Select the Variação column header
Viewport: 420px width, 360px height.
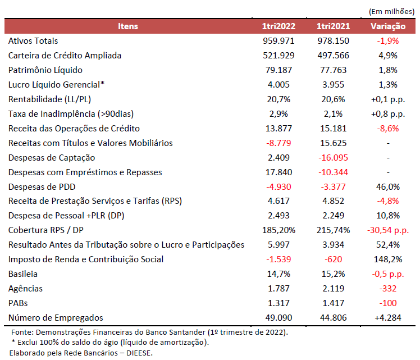pyautogui.click(x=387, y=26)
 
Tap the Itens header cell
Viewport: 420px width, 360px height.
pyautogui.click(x=128, y=26)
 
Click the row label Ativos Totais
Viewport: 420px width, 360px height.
pyautogui.click(x=33, y=41)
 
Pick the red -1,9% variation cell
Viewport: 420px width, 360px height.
pyautogui.click(x=387, y=41)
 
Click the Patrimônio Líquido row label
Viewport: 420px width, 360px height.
pyautogui.click(x=45, y=70)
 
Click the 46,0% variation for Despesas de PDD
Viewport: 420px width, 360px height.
pyautogui.click(x=387, y=186)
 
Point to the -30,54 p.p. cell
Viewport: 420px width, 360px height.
pyautogui.click(x=387, y=230)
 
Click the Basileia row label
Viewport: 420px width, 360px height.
pyautogui.click(x=22, y=274)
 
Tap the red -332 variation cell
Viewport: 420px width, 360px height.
pyautogui.click(x=387, y=289)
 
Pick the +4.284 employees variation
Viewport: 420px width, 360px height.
pyautogui.click(x=387, y=318)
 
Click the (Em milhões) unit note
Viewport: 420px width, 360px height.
pyautogui.click(x=391, y=11)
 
